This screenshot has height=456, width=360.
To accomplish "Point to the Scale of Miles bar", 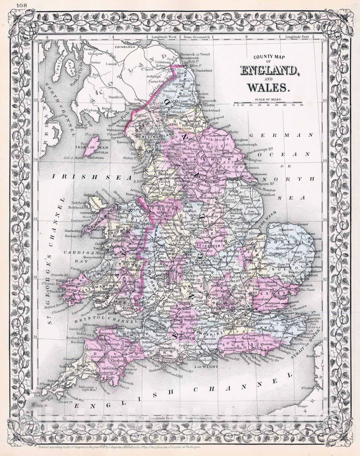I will click(x=268, y=103).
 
